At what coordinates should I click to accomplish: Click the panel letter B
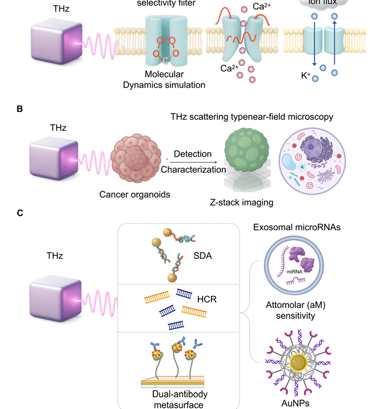click(20, 109)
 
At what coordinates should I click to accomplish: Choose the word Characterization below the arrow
click(193, 169)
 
